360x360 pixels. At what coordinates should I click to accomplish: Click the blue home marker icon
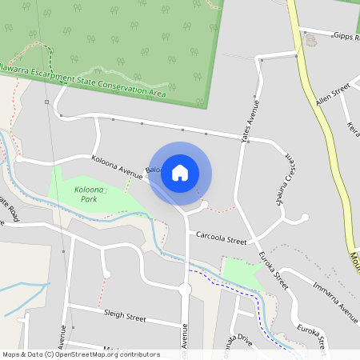tap(180, 172)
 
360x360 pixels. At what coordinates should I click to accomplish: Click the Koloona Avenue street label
tap(116, 164)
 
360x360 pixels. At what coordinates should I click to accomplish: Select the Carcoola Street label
tap(221, 238)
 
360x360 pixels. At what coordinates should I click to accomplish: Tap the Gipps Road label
tap(346, 36)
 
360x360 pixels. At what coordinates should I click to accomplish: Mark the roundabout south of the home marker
tap(185, 290)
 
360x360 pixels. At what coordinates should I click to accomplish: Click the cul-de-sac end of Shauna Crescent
tap(305, 217)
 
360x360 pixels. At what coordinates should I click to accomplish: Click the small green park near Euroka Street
tap(242, 273)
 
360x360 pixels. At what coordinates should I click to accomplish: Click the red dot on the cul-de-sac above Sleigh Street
tap(106, 274)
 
